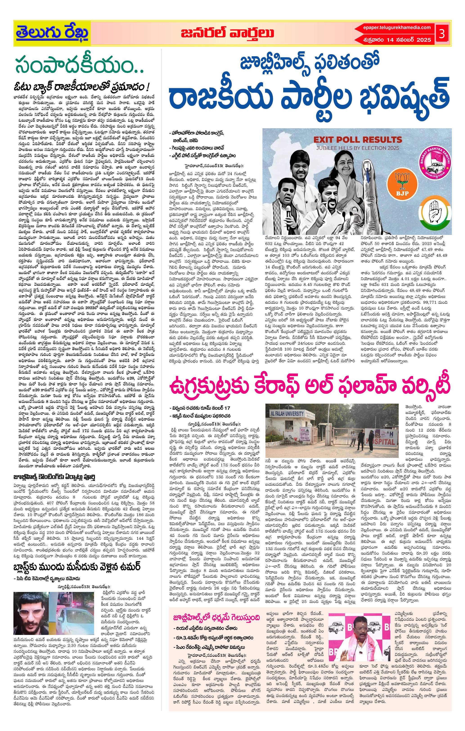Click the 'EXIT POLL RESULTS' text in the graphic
click(x=357, y=140)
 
